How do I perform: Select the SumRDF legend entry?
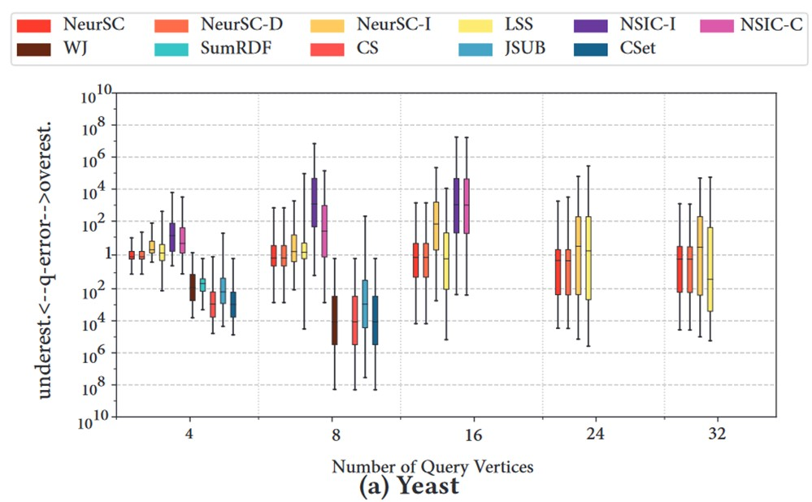click(219, 49)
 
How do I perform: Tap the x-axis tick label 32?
click(718, 436)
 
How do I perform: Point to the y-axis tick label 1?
click(105, 254)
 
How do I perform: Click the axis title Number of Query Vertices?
click(432, 466)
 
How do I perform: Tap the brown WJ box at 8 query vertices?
click(334, 319)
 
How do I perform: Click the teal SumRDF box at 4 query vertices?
click(202, 284)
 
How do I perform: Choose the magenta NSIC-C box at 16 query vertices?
click(467, 206)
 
